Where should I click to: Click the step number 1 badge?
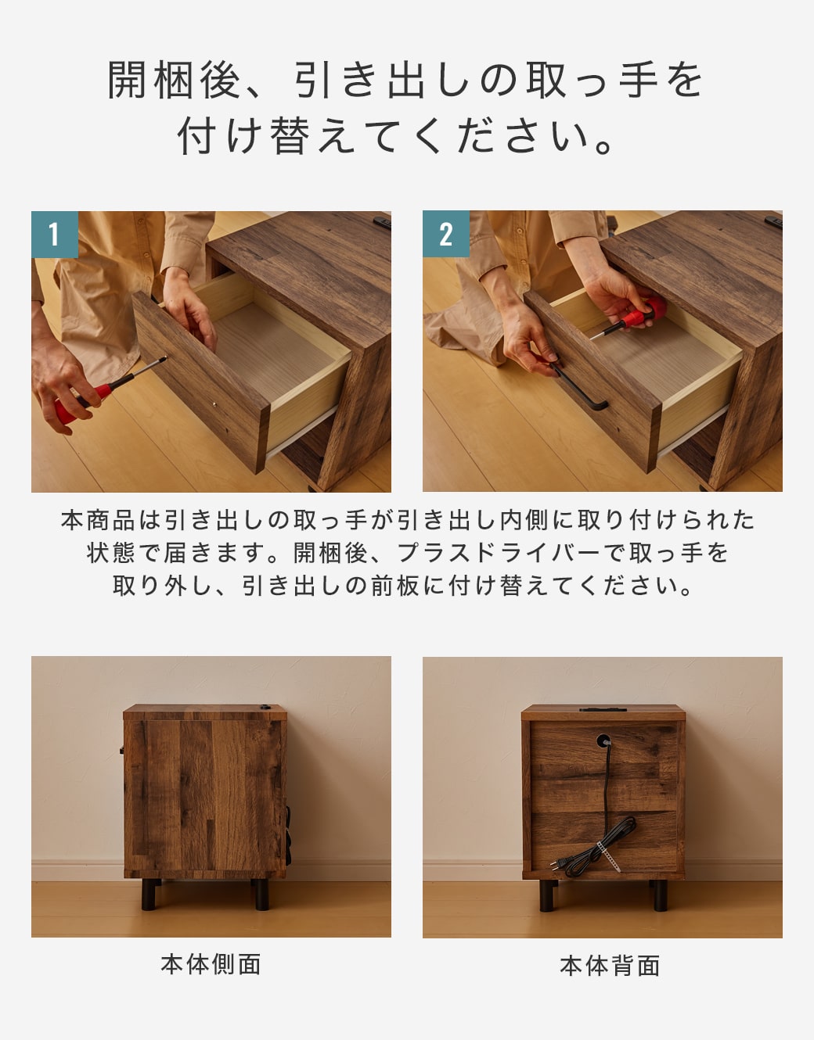point(55,235)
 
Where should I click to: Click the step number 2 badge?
point(446,235)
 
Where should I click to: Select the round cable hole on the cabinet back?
point(603,741)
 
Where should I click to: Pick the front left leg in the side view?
point(149,894)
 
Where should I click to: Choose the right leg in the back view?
point(661,895)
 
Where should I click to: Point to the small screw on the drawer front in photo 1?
point(215,404)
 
